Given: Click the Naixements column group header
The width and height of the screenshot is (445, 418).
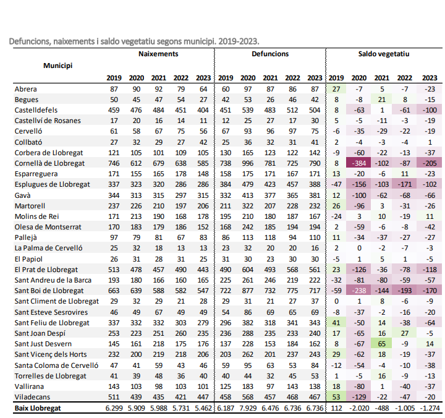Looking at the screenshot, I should [159, 54].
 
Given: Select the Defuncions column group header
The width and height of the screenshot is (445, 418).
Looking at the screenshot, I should [270, 54].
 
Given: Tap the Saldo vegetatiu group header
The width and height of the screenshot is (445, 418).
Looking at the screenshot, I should [384, 54].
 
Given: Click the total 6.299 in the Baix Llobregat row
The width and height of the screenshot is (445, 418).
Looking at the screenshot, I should [114, 409].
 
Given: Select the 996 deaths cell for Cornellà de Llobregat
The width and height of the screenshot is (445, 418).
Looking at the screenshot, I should [248, 163].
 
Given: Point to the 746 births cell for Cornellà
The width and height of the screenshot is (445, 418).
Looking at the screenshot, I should [114, 163].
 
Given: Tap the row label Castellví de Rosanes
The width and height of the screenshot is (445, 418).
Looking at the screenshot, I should [48, 121].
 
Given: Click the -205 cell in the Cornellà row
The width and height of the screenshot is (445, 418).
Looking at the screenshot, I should [428, 163].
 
